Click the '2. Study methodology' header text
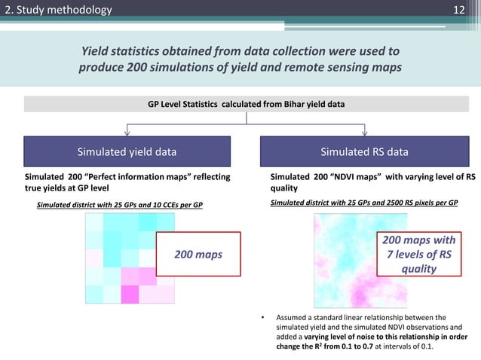click(x=57, y=10)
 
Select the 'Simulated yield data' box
click(x=127, y=151)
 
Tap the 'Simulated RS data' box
click(x=364, y=151)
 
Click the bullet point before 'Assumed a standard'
click(x=262, y=317)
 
